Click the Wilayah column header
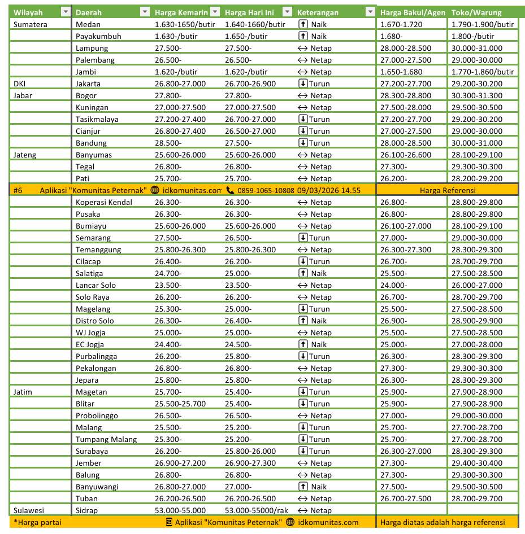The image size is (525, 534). (28, 12)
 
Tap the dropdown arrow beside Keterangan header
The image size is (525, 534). (370, 12)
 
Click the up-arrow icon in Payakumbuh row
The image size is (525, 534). (302, 36)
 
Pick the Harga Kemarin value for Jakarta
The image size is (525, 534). (180, 84)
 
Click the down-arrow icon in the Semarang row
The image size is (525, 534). (302, 238)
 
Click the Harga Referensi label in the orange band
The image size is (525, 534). (448, 190)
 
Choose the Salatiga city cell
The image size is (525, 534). (89, 273)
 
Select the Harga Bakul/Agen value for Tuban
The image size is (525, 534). (406, 498)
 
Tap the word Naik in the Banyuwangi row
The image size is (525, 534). (319, 487)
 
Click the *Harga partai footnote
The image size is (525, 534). (37, 522)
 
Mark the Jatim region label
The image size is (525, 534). (23, 392)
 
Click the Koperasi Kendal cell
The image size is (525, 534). (104, 202)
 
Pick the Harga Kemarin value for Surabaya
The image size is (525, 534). (168, 451)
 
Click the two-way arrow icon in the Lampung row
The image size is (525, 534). (302, 48)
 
